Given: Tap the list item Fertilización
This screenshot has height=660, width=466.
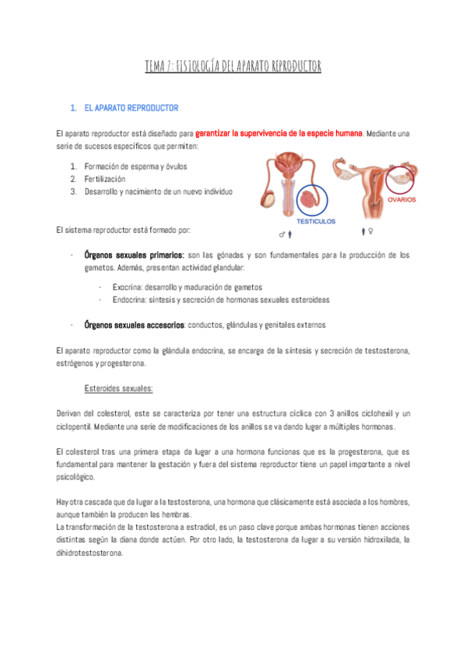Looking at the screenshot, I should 105,179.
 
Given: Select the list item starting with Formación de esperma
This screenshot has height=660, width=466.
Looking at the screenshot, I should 135,167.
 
